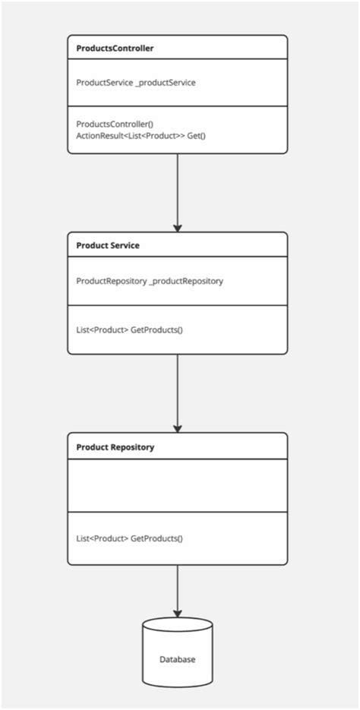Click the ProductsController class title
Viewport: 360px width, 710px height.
pos(115,48)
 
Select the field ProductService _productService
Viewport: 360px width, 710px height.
pos(136,82)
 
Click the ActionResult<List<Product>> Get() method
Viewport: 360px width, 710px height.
pos(141,134)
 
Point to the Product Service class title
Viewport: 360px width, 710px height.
pos(108,245)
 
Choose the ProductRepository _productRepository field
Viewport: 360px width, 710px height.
pos(150,280)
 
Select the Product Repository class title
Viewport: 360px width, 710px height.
pos(115,447)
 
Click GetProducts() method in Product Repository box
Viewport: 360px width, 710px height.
pos(130,538)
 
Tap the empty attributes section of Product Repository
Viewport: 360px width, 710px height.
pos(178,485)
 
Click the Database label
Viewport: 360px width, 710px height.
pos(177,659)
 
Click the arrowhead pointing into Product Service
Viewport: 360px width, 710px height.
pos(178,227)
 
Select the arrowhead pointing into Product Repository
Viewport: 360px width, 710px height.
pos(178,427)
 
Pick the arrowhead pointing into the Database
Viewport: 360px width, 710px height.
pos(178,613)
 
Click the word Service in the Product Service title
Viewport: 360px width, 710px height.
pos(125,245)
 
